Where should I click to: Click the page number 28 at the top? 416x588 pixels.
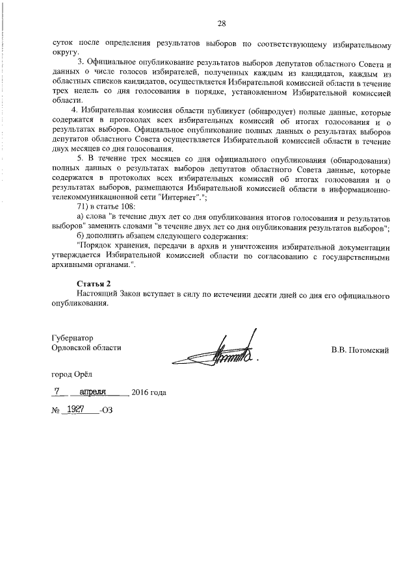(221, 24)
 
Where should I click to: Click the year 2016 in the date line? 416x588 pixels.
(140, 393)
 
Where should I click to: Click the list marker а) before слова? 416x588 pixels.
(81, 216)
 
